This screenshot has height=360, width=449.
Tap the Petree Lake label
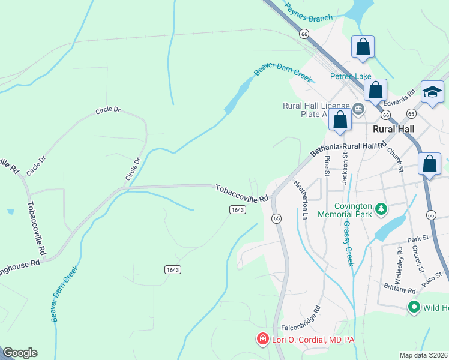point(351,76)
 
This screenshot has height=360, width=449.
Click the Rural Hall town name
point(393,129)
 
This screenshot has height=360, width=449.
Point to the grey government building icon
point(358,109)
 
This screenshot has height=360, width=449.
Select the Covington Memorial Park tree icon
point(380,209)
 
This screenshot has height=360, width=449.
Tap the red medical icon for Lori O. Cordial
point(262,340)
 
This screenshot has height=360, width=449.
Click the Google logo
point(20,353)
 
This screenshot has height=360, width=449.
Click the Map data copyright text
point(423,355)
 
